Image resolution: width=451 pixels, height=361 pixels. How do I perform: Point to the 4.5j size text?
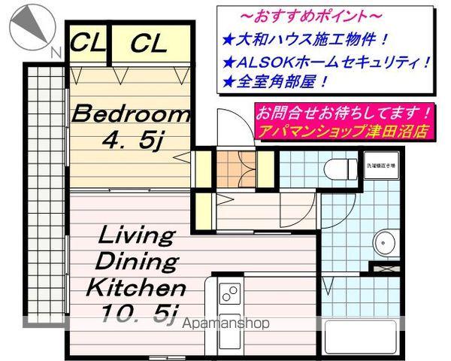(132, 141)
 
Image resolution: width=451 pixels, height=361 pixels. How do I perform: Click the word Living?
(137, 236)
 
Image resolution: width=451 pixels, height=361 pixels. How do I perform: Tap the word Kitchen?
(135, 288)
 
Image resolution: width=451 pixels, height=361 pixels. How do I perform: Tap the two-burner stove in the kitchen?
(229, 293)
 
